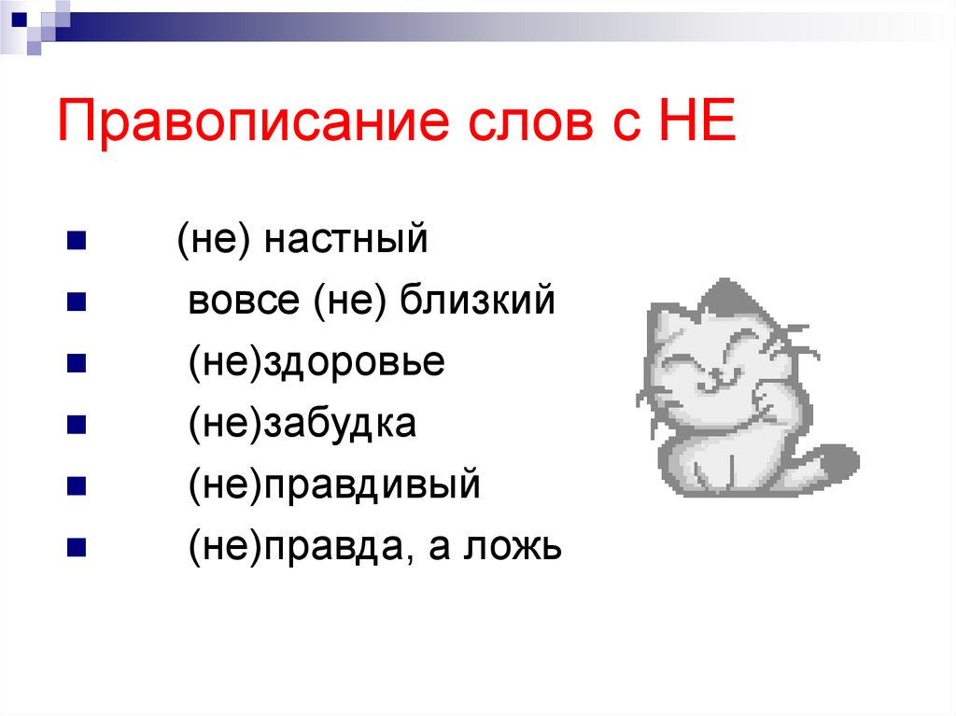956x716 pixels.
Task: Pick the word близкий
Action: click(478, 302)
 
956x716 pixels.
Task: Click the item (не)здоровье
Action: click(316, 363)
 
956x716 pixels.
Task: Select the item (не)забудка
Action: click(302, 425)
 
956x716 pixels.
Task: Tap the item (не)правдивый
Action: click(333, 485)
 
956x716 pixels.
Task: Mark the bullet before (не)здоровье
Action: click(77, 363)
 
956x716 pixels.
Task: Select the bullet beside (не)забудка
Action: click(77, 425)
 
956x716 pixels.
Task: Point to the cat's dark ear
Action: click(724, 296)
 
